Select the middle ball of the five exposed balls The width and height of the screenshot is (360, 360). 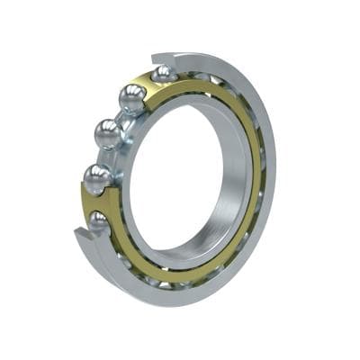point(108,134)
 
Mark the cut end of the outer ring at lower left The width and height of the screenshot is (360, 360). point(82,237)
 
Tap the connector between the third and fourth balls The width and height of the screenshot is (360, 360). point(102,157)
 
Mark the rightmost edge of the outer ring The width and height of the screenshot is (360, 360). point(275,171)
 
